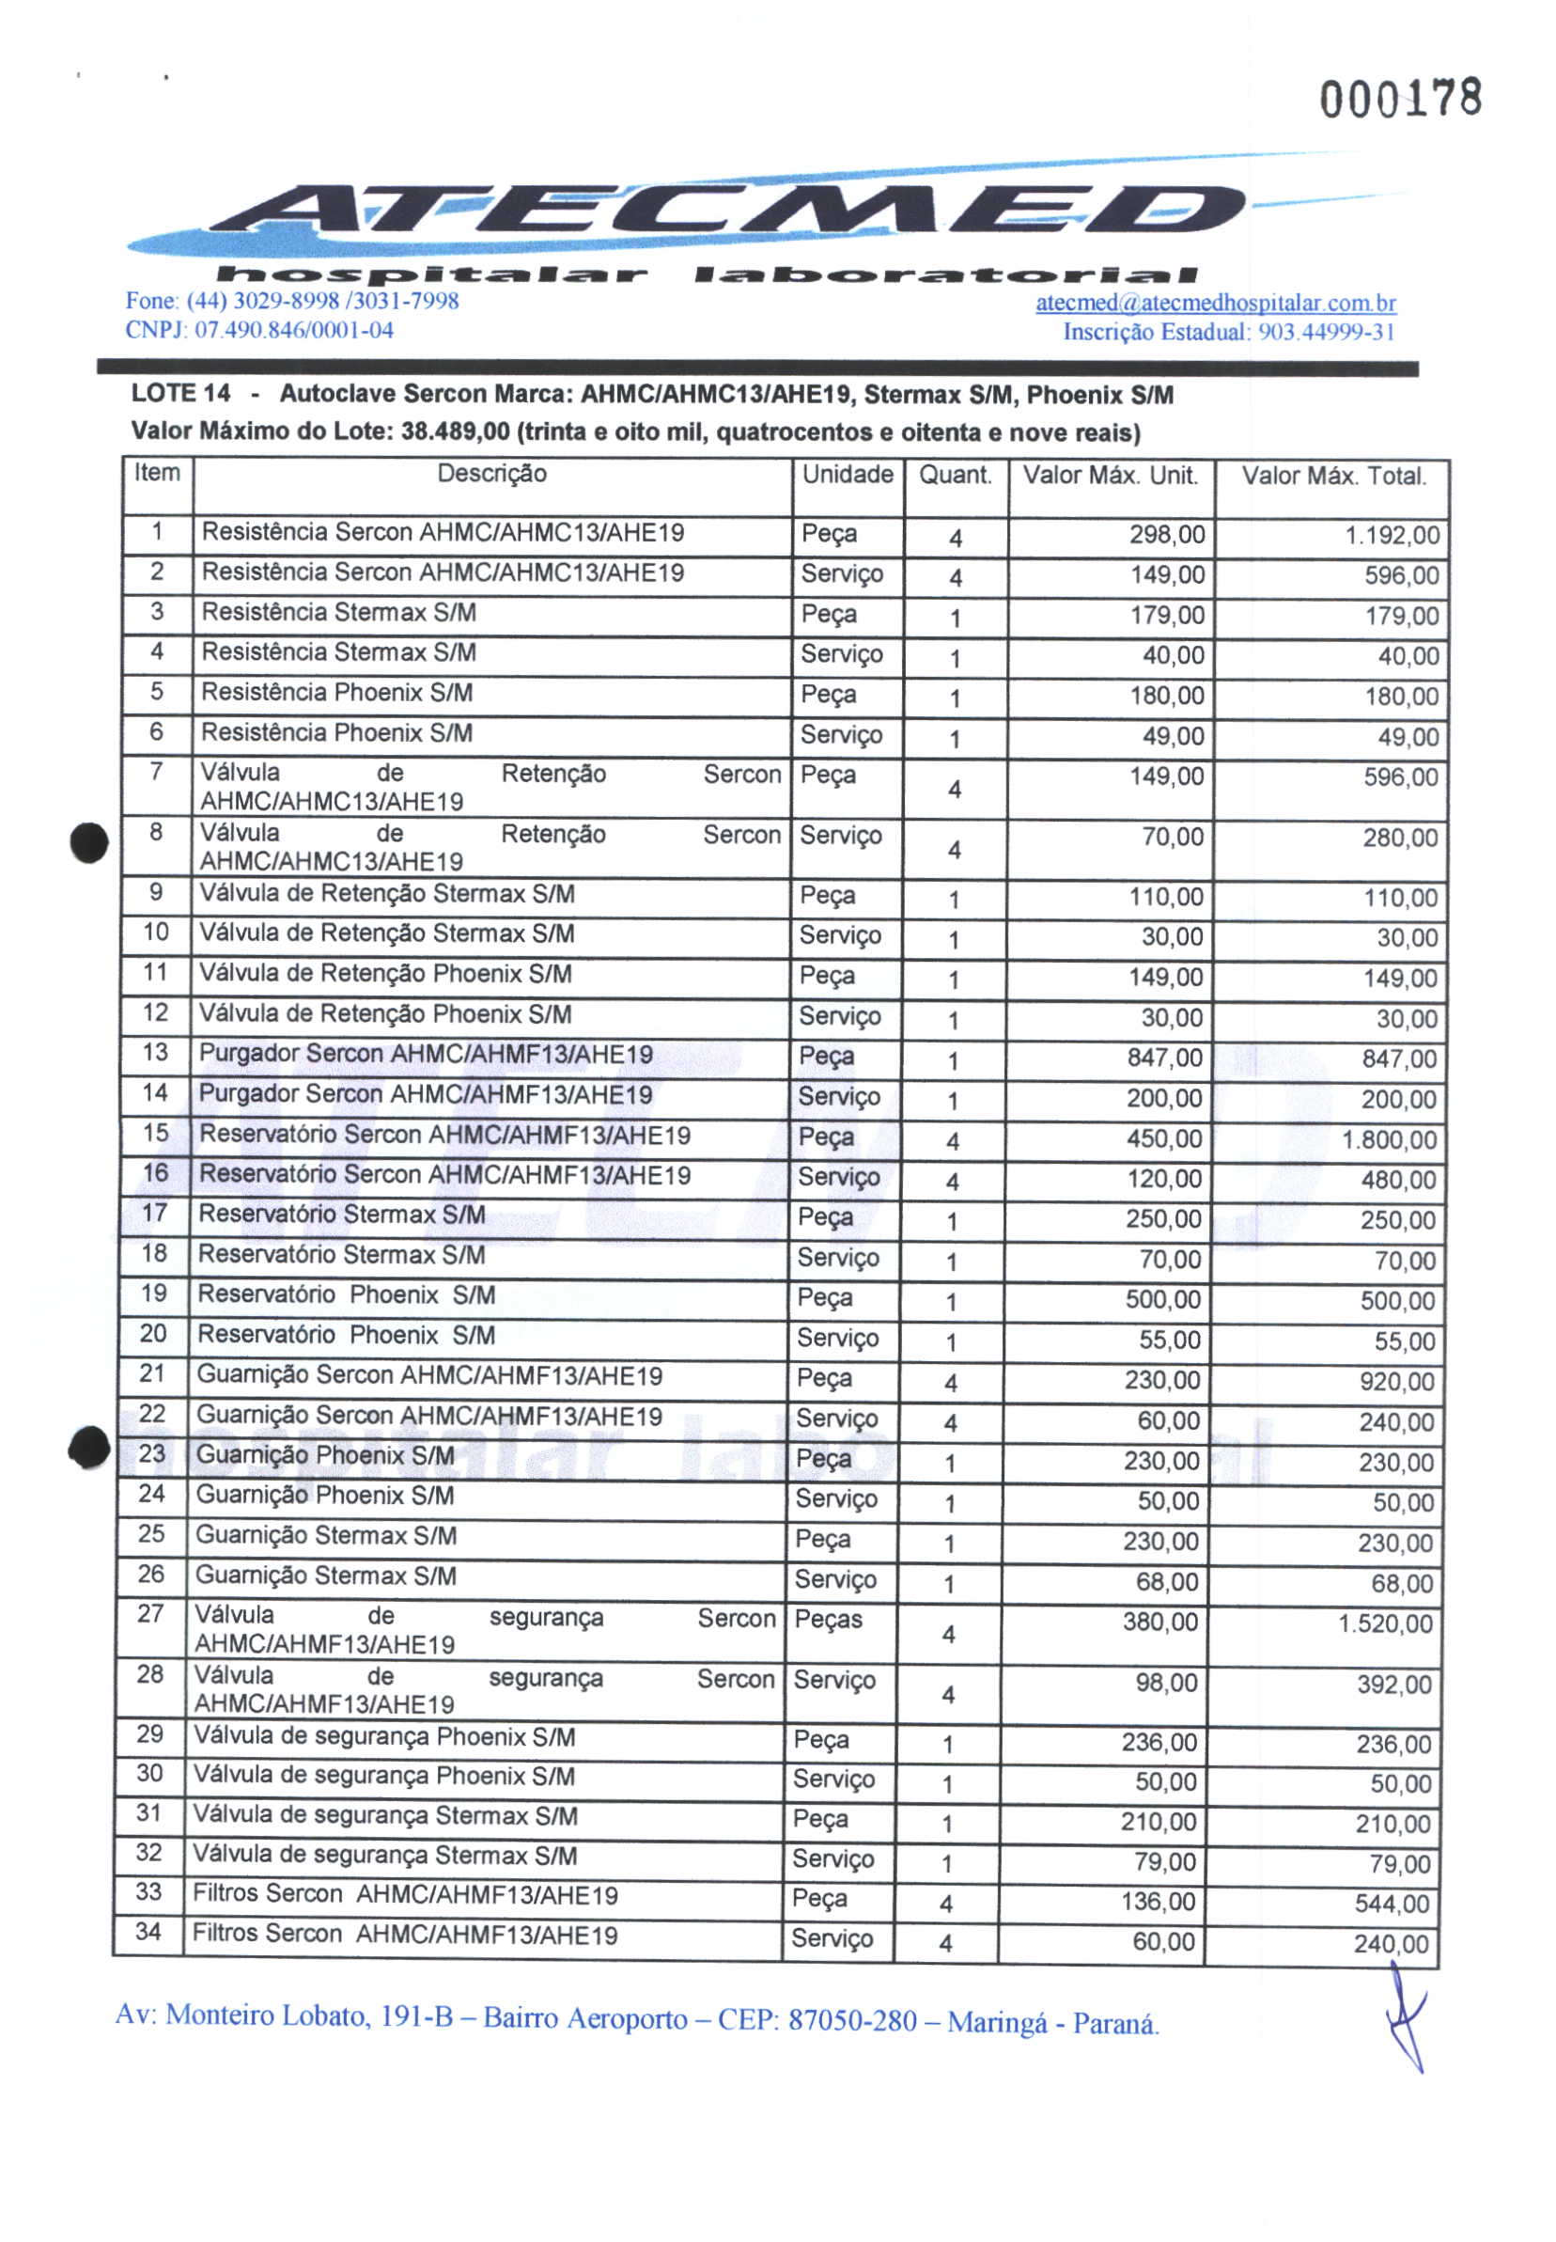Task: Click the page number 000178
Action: [x=1400, y=99]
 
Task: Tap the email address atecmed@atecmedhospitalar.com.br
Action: [x=1215, y=303]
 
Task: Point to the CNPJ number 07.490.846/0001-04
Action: [x=293, y=330]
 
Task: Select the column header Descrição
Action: [x=491, y=474]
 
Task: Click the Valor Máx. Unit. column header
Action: [x=1110, y=476]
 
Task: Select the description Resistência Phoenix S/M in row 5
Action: [x=336, y=693]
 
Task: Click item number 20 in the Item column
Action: [x=153, y=1333]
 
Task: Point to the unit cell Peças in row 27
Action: [x=828, y=1619]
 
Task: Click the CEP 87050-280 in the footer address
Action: [x=851, y=2019]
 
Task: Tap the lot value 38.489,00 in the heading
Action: [x=456, y=432]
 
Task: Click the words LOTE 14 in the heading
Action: [x=180, y=393]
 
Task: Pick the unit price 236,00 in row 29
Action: [x=1159, y=1742]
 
